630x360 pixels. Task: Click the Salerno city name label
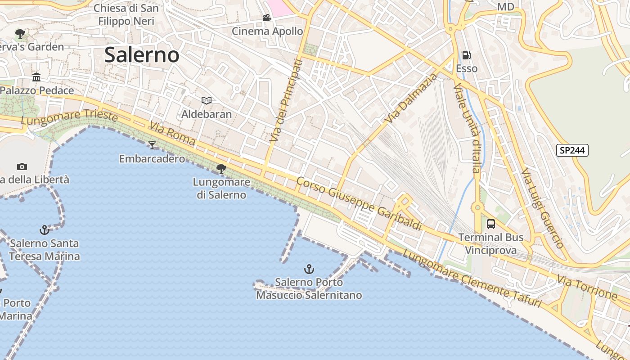[x=142, y=55]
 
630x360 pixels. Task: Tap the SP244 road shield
[x=572, y=150]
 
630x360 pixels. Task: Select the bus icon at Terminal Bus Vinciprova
[x=491, y=224]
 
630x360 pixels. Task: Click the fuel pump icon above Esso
[x=467, y=55]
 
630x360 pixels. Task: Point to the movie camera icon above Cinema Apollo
[x=267, y=18]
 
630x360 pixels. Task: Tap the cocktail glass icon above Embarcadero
[x=152, y=145]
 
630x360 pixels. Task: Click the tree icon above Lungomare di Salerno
[x=221, y=169]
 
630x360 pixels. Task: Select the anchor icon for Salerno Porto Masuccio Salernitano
[x=309, y=269]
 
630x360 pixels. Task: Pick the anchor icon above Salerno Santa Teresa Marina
[x=44, y=230]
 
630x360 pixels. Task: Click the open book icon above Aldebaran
[x=207, y=100]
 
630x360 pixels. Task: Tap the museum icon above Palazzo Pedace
[x=36, y=77]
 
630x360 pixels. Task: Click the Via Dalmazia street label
[x=411, y=99]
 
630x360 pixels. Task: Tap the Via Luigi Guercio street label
[x=542, y=208]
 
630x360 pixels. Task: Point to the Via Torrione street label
[x=587, y=288]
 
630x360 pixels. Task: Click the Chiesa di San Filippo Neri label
[x=126, y=14]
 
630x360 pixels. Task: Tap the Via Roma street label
[x=173, y=134]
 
